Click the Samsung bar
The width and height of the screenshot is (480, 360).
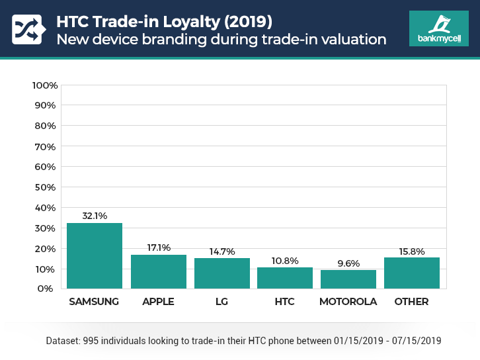tap(95, 256)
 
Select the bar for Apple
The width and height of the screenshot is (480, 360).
tap(158, 272)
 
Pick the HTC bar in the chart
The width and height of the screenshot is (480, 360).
tap(285, 278)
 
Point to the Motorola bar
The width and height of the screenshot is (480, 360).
tap(348, 279)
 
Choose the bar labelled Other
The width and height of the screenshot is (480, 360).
tap(411, 273)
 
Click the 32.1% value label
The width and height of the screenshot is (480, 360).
tap(95, 216)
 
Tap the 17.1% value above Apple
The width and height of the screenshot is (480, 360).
tap(158, 247)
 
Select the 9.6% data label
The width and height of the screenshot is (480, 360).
tap(348, 263)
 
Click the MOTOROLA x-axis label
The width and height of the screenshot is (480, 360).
tap(348, 302)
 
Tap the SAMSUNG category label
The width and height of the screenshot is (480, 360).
tap(95, 302)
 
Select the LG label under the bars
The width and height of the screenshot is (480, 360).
tap(221, 302)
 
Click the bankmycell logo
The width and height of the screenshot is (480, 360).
tap(438, 28)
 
